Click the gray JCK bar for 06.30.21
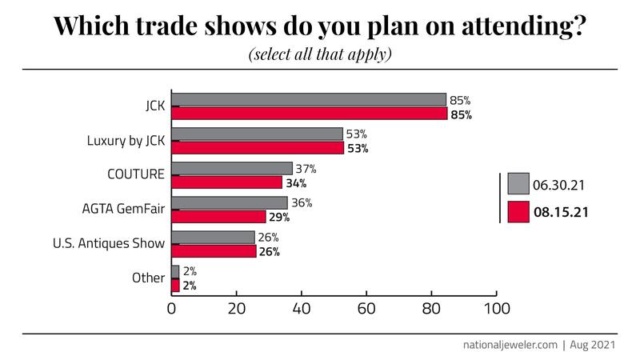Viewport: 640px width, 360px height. [x=309, y=100]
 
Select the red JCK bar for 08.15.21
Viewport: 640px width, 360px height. [x=309, y=114]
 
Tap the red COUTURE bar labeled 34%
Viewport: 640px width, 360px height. [x=226, y=182]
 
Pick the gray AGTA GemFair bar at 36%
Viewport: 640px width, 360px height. [x=230, y=203]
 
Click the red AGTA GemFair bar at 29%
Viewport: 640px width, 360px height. [x=218, y=217]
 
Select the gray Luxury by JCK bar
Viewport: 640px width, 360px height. [x=257, y=134]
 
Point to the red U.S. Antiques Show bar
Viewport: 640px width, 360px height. [x=214, y=251]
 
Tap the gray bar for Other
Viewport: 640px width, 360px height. [x=175, y=272]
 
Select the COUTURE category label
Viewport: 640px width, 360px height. [x=136, y=175]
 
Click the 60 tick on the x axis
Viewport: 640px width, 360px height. [x=366, y=308]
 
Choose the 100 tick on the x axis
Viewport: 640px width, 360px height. [x=496, y=308]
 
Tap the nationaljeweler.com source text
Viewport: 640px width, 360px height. [x=510, y=345]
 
